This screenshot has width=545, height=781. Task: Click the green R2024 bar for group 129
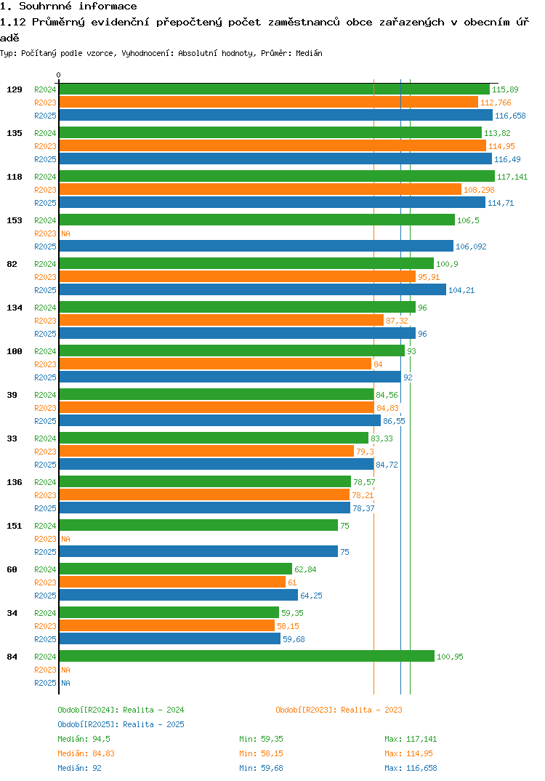coord(274,89)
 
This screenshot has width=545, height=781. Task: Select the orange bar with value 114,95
coord(272,146)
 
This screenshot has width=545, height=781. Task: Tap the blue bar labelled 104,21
coord(252,290)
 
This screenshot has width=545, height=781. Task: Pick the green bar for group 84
coord(246,657)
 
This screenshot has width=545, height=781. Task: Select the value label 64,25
coord(311,596)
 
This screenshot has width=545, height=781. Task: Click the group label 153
coord(15,220)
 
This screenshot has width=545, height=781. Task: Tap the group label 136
coord(15,482)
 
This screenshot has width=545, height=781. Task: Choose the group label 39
coord(12,395)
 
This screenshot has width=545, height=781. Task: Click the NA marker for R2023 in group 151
coord(65,539)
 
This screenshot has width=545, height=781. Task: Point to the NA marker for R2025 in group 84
coord(65,683)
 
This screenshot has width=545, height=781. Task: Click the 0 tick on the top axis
coord(59,75)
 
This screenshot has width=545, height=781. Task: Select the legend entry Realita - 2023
coord(339,710)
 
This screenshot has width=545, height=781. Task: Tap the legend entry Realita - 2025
coord(121,724)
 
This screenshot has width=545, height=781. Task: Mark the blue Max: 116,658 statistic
coord(411,768)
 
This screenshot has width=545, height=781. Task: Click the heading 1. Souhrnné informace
coord(68,7)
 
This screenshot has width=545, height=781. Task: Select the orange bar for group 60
coord(172,582)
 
